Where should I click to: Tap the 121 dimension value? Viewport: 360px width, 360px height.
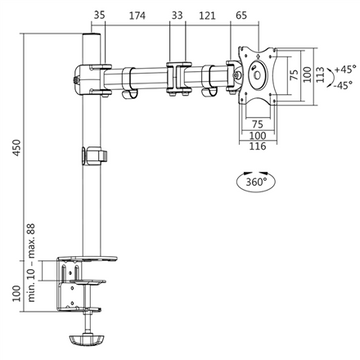click(206, 16)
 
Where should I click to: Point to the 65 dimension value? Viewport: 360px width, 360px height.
click(241, 16)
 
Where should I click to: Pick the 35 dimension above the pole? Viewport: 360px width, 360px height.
click(97, 16)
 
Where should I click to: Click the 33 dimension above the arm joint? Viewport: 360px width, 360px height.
click(177, 16)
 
